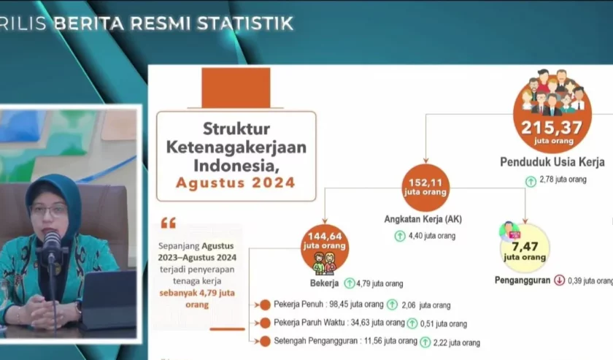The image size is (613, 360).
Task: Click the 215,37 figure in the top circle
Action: point(552,127)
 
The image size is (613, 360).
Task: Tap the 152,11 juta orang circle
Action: point(425,188)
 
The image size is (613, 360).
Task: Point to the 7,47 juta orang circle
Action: point(525,248)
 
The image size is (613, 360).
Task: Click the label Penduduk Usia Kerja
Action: point(552,161)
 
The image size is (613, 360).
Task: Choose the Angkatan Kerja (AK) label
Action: point(423,219)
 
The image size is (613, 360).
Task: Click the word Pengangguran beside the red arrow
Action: point(523,280)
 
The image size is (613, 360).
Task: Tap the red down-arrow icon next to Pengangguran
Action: point(560,280)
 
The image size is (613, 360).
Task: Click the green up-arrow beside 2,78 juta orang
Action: point(531,181)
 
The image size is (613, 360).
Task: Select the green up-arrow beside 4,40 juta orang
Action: point(400,236)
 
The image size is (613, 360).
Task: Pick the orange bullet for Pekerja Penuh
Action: point(265,305)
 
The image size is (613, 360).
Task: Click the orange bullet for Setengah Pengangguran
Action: point(265,341)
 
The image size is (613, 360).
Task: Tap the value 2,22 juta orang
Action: point(456,342)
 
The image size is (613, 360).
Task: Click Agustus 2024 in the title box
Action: point(235,183)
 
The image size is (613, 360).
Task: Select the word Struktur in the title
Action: point(236,129)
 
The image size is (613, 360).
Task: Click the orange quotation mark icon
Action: point(169,223)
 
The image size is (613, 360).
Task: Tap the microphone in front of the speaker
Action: point(51,245)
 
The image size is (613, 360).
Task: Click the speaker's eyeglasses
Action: point(49,210)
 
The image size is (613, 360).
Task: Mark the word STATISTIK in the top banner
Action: point(245,23)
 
